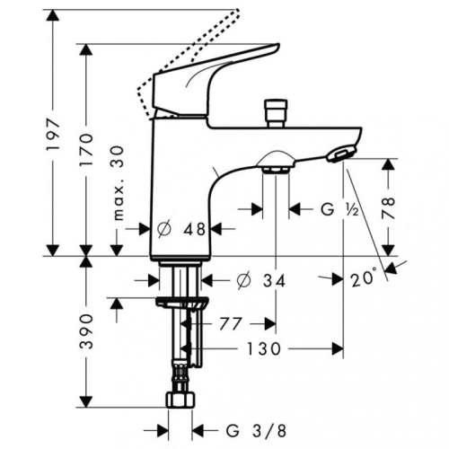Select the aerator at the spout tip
click(x=338, y=154)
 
